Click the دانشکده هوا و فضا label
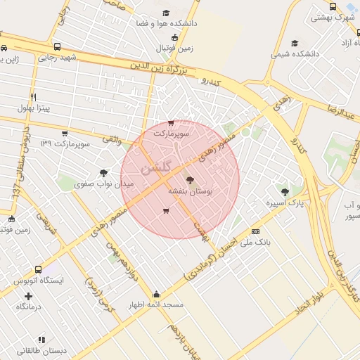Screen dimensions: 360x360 (167, 23)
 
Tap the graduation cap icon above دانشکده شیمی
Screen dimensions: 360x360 (294, 43)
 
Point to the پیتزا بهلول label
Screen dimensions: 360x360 (34, 109)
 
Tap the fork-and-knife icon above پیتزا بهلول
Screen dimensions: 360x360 (33, 97)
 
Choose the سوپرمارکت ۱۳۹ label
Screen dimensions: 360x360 (65, 143)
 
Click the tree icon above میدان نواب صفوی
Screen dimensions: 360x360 (104, 172)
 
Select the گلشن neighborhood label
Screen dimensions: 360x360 (155, 169)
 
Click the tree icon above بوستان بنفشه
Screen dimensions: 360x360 (190, 180)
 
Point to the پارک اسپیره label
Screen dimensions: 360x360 (285, 203)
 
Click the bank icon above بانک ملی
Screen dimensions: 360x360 (255, 231)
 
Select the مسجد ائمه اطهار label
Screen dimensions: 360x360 (155, 305)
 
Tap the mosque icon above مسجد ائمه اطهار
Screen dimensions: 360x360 (156, 294)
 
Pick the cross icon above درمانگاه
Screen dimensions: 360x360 (29, 296)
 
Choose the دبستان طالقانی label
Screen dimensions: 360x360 (41, 350)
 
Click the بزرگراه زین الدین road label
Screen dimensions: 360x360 (158, 71)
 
